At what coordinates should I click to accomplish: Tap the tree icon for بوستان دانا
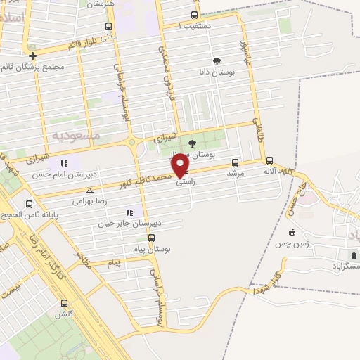click(x=216, y=61)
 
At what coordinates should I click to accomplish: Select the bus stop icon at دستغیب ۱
click(x=194, y=15)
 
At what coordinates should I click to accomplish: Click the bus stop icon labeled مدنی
click(x=108, y=27)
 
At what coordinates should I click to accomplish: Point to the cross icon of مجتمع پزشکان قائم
click(x=32, y=56)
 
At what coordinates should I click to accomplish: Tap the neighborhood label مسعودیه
click(x=77, y=134)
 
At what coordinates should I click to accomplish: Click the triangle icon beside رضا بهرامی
click(x=89, y=190)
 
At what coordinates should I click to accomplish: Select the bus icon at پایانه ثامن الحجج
click(x=29, y=205)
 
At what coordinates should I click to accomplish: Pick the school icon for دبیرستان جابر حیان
click(x=129, y=212)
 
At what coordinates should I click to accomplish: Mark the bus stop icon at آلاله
click(x=271, y=160)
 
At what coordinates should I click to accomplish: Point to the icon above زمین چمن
click(x=292, y=232)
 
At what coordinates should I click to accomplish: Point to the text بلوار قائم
click(x=82, y=45)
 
